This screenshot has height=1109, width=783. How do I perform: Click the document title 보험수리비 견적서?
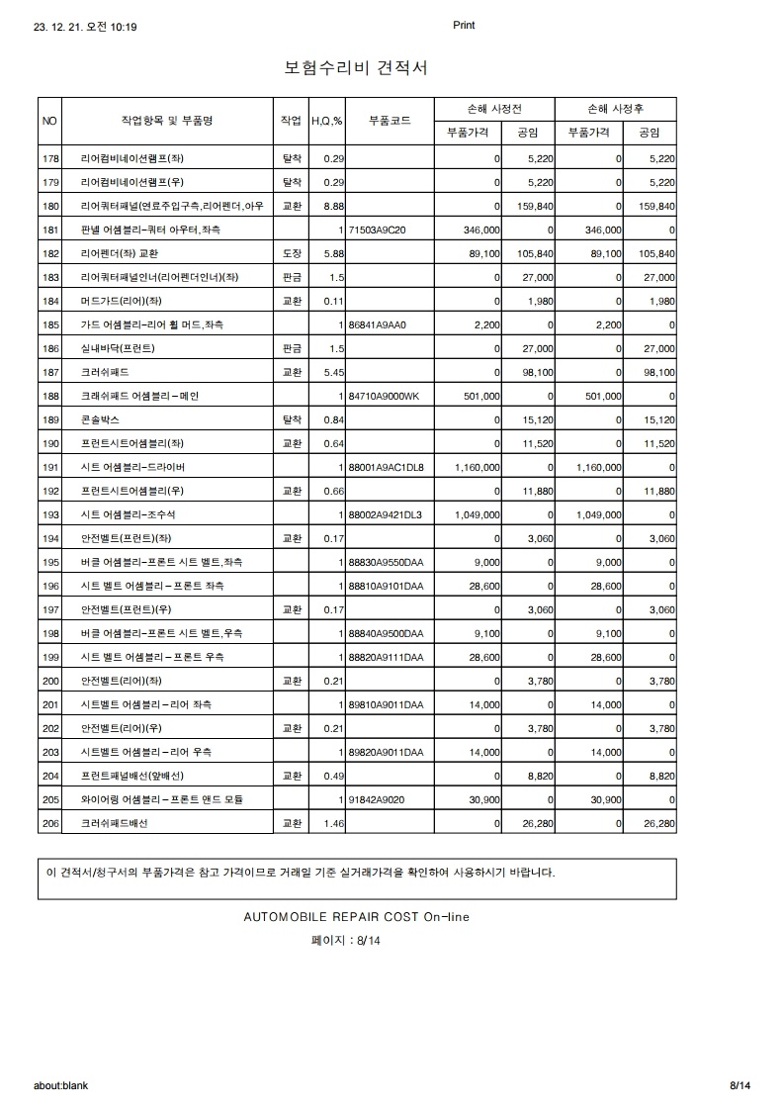coord(356,68)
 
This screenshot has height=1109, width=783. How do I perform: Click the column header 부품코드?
coord(390,121)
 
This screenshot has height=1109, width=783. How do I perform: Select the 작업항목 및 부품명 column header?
coord(167,121)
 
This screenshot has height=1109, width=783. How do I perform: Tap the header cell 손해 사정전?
coord(494,109)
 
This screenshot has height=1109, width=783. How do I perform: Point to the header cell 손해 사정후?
coord(617,109)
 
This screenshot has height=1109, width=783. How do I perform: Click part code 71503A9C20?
coord(378,230)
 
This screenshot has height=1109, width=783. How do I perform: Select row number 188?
coord(51,396)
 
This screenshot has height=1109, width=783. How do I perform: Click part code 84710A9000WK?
coord(385,396)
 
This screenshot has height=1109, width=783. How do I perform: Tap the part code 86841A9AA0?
coord(378,324)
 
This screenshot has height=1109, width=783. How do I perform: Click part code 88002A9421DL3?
coord(386,514)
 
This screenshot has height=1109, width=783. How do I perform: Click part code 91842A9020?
coord(377,799)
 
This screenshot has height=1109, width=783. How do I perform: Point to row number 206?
coord(51,823)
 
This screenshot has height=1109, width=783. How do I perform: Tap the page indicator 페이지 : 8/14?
coord(346,941)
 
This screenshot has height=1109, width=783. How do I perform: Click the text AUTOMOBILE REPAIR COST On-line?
coord(356,917)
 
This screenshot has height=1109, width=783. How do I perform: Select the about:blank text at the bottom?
coord(60,1085)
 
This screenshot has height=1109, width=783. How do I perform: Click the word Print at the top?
coord(464,26)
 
